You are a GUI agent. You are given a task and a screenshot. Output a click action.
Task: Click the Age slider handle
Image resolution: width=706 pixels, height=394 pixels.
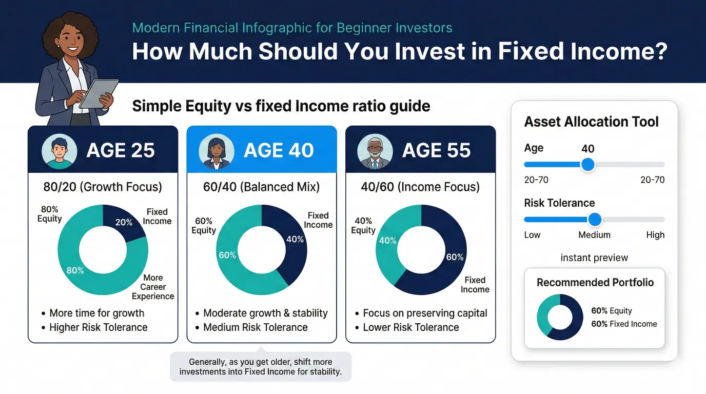tap(588, 165)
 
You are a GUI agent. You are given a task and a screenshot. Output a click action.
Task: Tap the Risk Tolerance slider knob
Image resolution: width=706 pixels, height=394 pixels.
tap(595, 220)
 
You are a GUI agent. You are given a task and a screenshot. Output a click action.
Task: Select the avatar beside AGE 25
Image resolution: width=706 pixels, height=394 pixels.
tap(59, 151)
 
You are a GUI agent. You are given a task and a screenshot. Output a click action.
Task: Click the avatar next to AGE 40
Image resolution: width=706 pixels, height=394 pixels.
tap(217, 151)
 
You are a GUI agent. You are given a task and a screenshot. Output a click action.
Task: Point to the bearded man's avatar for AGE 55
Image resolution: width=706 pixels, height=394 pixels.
tap(375, 151)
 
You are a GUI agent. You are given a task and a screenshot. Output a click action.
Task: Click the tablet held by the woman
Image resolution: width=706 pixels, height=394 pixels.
tap(99, 93)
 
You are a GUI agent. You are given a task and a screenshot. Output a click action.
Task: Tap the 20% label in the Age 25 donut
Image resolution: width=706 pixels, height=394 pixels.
tap(124, 223)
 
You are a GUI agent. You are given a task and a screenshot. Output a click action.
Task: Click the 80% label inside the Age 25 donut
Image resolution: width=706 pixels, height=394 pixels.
tap(75, 270)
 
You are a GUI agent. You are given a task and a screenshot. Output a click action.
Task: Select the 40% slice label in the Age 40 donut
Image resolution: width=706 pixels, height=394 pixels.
tap(295, 239)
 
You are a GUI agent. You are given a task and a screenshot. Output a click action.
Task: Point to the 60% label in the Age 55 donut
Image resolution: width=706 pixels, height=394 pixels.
tap(455, 257)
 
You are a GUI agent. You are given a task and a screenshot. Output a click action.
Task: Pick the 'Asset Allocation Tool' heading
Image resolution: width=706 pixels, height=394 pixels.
tap(591, 122)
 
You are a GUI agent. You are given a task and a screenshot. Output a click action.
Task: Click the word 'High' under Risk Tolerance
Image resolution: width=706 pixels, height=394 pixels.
tap(655, 235)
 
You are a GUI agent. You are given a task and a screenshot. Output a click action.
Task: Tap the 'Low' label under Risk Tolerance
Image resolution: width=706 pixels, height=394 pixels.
tap(533, 235)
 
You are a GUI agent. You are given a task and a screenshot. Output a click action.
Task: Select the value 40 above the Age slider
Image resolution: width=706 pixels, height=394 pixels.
tap(588, 148)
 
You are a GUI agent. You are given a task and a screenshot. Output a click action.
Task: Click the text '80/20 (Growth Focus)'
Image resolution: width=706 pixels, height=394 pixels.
tap(103, 187)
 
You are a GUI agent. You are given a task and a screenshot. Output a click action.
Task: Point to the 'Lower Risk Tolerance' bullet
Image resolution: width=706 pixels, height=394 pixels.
tap(411, 327)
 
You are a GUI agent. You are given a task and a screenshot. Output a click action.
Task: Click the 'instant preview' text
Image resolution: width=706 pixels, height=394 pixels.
tap(594, 258)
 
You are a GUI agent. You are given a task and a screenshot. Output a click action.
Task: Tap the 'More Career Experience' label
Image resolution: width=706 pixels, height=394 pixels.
tap(153, 287)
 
